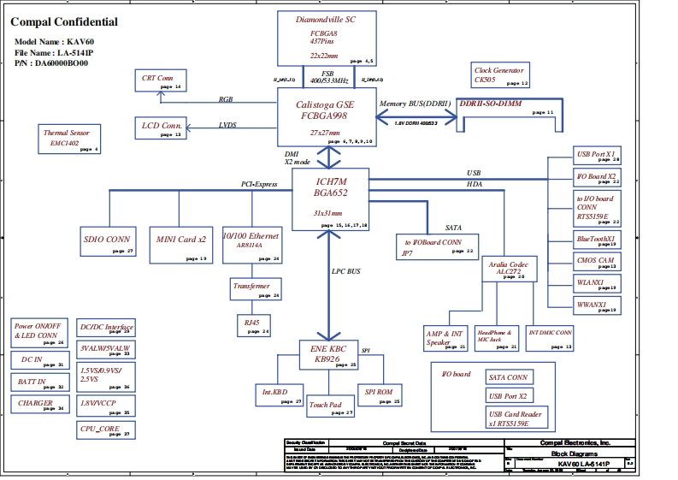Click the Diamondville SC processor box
point(327,39)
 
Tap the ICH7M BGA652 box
point(330,199)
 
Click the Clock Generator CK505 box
point(500,74)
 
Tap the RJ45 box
point(253,325)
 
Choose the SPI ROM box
point(379,395)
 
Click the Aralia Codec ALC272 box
point(509,270)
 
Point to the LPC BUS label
point(346,271)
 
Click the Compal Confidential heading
point(64,22)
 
